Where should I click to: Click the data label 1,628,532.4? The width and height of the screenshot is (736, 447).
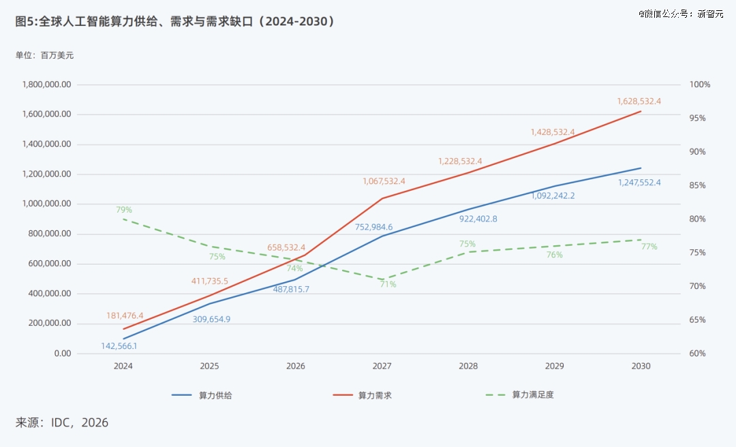pos(639,102)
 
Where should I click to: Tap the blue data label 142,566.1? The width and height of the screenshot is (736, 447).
pos(119,346)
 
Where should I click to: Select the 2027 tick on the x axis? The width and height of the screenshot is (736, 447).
pos(382,366)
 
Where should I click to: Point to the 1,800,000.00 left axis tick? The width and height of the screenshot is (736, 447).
pos(47,84)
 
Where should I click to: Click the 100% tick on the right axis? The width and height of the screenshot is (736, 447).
pos(700,84)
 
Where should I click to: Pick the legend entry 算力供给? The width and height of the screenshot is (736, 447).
pos(202,395)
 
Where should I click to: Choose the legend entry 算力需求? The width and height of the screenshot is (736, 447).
pos(363,395)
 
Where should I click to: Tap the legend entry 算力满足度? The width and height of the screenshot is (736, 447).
pos(519,395)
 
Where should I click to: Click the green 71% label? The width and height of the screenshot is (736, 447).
pos(388,284)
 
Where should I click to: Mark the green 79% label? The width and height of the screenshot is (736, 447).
pos(125,210)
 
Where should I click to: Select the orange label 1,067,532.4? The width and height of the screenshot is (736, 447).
pos(384,181)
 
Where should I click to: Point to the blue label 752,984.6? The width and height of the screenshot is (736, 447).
pos(373,228)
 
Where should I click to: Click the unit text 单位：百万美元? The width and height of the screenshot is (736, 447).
pos(44,55)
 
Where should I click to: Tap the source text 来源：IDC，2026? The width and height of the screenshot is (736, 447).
pos(62,422)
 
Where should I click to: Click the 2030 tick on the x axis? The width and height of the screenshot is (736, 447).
pos(641,366)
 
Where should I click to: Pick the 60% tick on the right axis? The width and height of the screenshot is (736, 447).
pos(698,354)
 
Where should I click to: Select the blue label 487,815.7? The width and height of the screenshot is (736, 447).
pos(291,289)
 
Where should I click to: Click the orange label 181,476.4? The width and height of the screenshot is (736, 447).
pos(125,315)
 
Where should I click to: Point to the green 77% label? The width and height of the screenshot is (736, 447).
pos(649,247)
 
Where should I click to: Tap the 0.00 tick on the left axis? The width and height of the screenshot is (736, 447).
pos(63,354)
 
